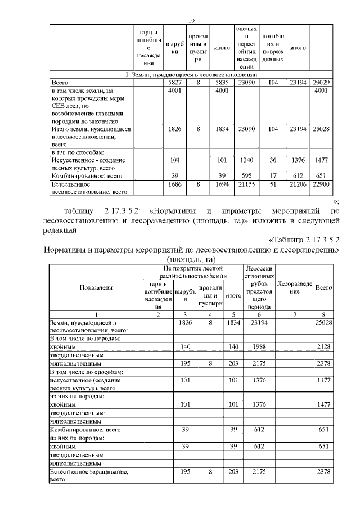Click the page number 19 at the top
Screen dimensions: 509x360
[x=191, y=21]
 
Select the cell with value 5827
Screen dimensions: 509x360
[x=174, y=83]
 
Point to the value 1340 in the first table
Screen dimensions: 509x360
[x=247, y=160]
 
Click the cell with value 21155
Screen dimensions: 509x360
[x=247, y=183]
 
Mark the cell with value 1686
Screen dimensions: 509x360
[x=174, y=183]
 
